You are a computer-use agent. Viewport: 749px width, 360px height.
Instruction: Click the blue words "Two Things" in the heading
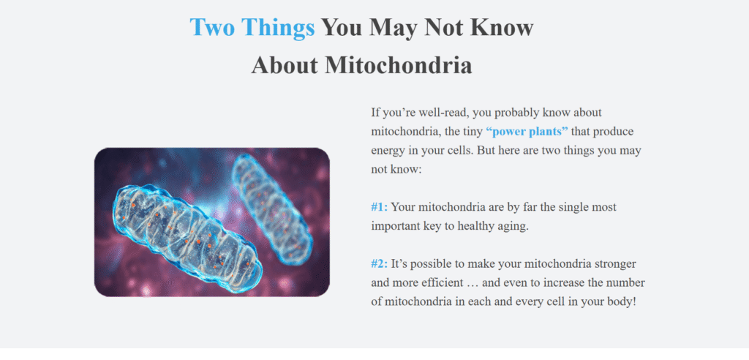click(x=252, y=27)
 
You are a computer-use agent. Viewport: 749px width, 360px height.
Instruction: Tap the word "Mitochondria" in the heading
click(x=399, y=65)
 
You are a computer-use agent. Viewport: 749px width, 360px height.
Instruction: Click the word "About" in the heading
click(x=285, y=65)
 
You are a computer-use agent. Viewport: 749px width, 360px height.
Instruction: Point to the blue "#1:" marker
click(x=380, y=207)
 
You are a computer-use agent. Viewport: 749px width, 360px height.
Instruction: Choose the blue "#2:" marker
click(x=380, y=264)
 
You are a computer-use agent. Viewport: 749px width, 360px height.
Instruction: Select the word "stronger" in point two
click(x=616, y=264)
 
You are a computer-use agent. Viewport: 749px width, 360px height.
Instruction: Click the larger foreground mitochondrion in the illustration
click(x=187, y=234)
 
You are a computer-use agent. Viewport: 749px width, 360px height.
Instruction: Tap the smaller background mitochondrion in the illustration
click(x=273, y=209)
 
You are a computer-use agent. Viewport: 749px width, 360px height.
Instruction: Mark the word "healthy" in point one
click(x=472, y=227)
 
